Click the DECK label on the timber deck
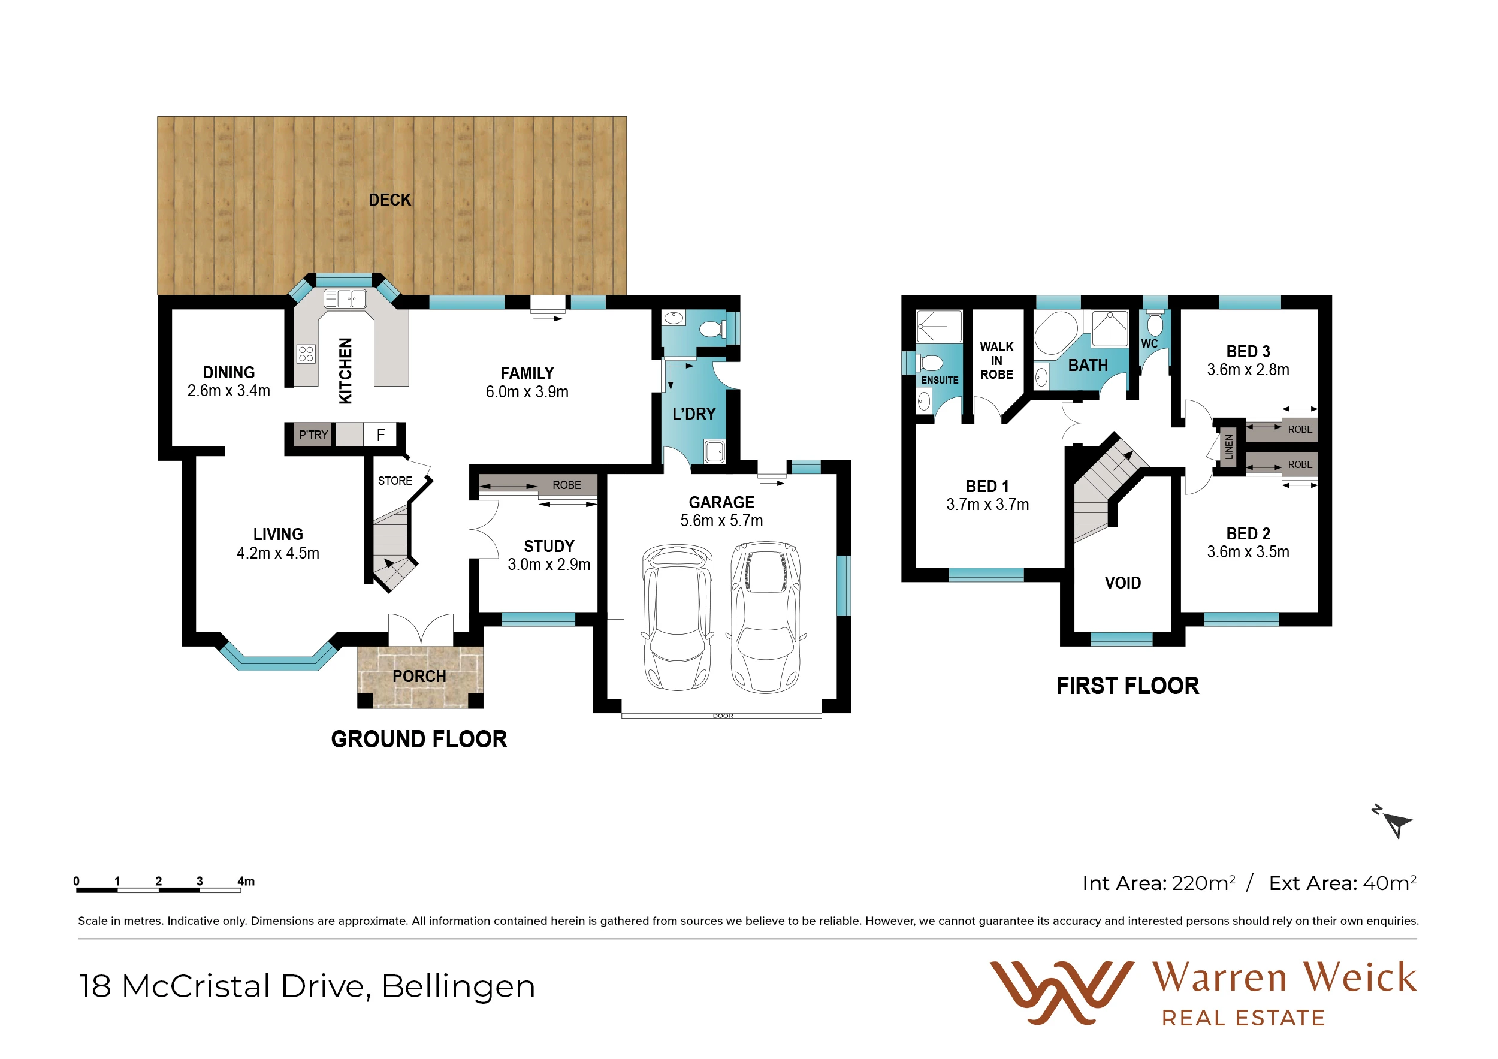[389, 200]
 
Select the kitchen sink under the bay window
[345, 299]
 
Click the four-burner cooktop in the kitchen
[306, 354]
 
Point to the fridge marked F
[380, 435]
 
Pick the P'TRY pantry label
[313, 435]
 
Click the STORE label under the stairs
[395, 481]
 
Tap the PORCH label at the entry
[419, 676]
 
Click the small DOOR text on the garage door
[723, 716]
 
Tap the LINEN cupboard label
[1229, 447]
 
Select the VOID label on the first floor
[1123, 583]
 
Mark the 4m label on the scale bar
[246, 881]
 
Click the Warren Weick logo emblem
[1062, 992]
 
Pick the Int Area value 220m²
[1203, 883]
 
